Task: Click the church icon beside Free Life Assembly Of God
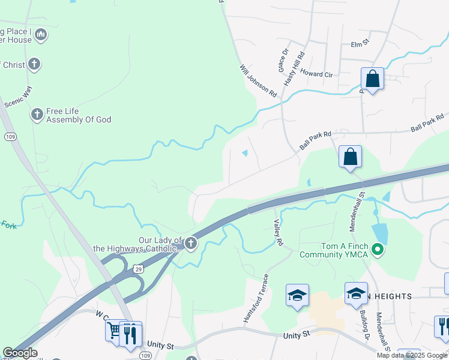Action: click(x=37, y=113)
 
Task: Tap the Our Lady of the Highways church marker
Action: click(x=191, y=243)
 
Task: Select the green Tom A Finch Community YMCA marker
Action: click(x=378, y=248)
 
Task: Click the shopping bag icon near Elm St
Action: click(x=372, y=79)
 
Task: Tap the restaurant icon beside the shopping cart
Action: click(x=130, y=333)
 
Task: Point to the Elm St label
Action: click(x=359, y=44)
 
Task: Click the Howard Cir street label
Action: click(x=316, y=73)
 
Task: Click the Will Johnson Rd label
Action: click(x=258, y=82)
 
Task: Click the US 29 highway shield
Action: click(x=138, y=268)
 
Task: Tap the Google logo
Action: click(x=19, y=353)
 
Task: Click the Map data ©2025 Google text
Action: click(x=411, y=355)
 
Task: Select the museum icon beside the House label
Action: click(x=40, y=34)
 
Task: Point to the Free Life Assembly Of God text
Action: click(x=79, y=115)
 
